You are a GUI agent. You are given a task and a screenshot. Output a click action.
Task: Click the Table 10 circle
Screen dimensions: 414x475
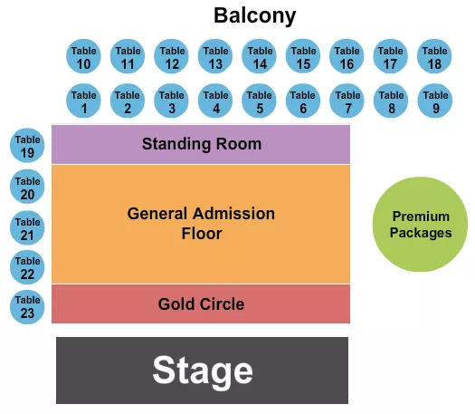[83, 58]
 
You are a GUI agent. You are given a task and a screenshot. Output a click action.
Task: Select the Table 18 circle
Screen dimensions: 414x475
[434, 58]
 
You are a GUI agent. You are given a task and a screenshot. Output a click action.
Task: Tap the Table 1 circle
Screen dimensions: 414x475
[83, 101]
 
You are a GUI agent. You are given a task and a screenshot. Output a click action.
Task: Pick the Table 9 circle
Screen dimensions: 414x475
[435, 101]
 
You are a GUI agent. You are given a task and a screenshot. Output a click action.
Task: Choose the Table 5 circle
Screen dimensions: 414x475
[260, 101]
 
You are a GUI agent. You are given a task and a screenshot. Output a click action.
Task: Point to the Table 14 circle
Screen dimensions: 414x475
[260, 58]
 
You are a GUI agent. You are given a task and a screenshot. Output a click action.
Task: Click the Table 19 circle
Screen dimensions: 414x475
[27, 147]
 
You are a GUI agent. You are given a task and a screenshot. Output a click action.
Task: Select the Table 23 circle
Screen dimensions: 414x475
[27, 306]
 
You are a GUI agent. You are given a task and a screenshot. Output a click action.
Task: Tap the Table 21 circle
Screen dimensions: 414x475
[27, 228]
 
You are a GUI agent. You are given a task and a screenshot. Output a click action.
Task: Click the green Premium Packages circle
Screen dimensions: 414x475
[421, 225]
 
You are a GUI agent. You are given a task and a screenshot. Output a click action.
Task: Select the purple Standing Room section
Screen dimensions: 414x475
[201, 144]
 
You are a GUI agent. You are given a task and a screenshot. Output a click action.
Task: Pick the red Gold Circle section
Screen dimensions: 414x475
[201, 303]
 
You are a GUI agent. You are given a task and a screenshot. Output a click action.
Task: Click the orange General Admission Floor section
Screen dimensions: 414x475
[201, 224]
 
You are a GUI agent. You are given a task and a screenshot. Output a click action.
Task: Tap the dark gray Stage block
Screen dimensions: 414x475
[202, 371]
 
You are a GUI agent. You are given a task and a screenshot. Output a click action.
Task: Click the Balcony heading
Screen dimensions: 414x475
[254, 15]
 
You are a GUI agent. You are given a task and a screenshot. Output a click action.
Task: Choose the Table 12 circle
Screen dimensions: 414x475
[171, 58]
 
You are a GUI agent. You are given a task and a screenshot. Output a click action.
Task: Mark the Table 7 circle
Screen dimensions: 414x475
[347, 101]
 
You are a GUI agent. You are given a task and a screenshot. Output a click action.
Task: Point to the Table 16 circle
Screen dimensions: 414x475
[347, 58]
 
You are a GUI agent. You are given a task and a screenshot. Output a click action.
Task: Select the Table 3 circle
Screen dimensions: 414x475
[171, 101]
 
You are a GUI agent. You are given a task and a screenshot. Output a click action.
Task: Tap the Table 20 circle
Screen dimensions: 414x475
[27, 188]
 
